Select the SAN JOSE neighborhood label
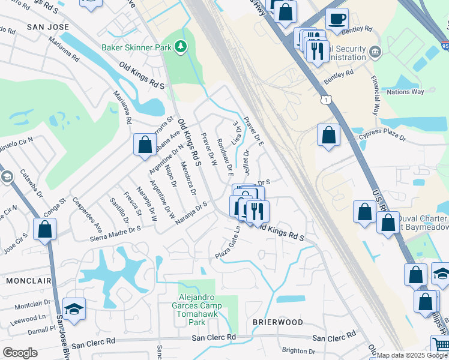pyautogui.click(x=47, y=28)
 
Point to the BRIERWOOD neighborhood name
pyautogui.click(x=277, y=322)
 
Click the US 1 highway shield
pyautogui.click(x=325, y=98)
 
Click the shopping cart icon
pyautogui.click(x=441, y=345)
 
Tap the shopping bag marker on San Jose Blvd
pyautogui.click(x=45, y=229)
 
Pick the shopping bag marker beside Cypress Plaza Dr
pyautogui.click(x=329, y=134)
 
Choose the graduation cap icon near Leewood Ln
pyautogui.click(x=74, y=308)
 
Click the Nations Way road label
pyautogui.click(x=405, y=92)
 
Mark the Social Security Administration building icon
pyautogui.click(x=375, y=52)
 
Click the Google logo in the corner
pyautogui.click(x=20, y=352)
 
